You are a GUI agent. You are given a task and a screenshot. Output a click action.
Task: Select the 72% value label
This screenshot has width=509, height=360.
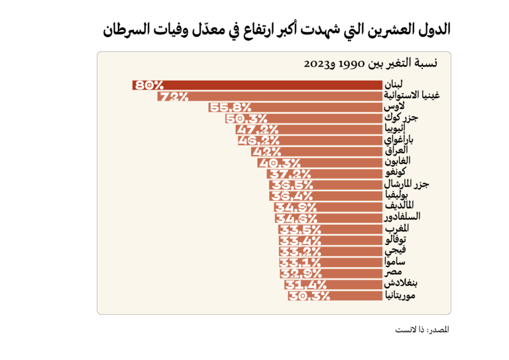pos(174,96)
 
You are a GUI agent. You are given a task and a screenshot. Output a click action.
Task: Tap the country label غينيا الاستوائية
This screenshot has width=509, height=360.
pos(413,96)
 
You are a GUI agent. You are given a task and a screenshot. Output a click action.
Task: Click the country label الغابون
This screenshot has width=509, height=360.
pos(400,162)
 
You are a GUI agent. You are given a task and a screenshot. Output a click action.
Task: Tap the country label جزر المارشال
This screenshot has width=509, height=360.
pos(407,184)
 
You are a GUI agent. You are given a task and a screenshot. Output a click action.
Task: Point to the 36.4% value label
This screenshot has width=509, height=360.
pos(286,195)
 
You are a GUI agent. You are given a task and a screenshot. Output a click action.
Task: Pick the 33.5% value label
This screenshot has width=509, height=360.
pos(294,229)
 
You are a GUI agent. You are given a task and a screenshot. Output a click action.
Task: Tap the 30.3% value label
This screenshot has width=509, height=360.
pos(309,295)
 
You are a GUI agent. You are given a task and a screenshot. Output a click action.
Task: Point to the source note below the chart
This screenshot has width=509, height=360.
pos(422,330)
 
